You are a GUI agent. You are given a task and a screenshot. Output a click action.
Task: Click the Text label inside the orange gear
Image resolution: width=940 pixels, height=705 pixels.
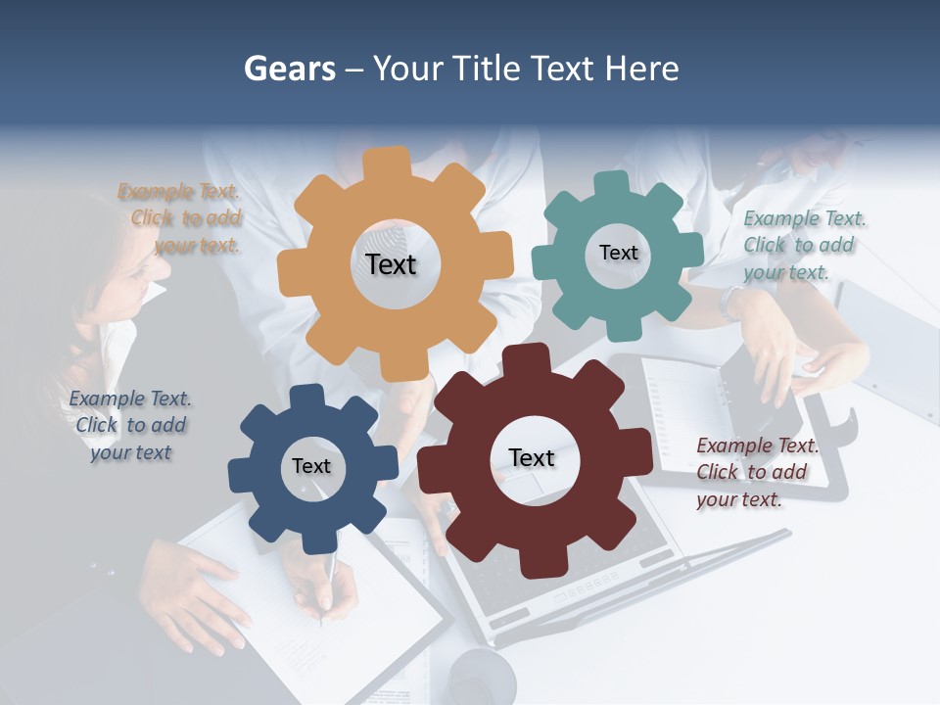(391, 264)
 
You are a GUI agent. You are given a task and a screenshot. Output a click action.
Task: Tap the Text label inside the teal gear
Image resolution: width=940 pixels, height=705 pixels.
(618, 253)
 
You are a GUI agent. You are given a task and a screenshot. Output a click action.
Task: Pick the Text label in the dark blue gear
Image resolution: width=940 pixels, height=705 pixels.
(310, 466)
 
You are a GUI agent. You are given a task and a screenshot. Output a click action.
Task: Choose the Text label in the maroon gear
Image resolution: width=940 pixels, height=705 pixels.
(532, 457)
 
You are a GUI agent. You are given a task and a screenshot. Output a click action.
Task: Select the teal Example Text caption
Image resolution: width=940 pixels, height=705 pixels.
(803, 245)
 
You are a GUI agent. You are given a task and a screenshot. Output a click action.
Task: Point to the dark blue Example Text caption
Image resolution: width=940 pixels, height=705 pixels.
(130, 425)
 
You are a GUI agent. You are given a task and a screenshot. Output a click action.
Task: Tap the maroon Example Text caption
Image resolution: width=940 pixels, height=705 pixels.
(756, 472)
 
